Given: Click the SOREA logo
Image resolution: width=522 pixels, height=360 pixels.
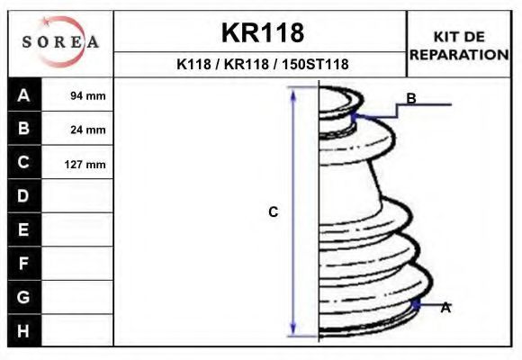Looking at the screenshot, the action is coord(60,41).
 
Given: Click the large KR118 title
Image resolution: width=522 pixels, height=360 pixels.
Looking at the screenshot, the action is coord(263,32).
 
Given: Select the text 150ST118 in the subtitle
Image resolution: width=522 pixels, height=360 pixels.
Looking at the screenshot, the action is coord(315,64).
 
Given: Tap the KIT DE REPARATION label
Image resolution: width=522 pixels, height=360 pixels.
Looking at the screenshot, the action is coord(459,46).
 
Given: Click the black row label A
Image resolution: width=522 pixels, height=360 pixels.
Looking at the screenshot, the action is coord(24,94).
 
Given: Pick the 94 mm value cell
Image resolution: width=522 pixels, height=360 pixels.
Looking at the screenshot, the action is coord(77,94).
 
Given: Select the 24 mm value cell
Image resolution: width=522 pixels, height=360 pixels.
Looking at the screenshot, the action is coord(77,129).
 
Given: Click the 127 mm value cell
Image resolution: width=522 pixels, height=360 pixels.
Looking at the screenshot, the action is coord(77,163).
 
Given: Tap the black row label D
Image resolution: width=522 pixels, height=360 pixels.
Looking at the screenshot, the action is coord(24,196).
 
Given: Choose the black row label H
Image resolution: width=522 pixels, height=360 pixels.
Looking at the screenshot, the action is coord(24,330).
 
